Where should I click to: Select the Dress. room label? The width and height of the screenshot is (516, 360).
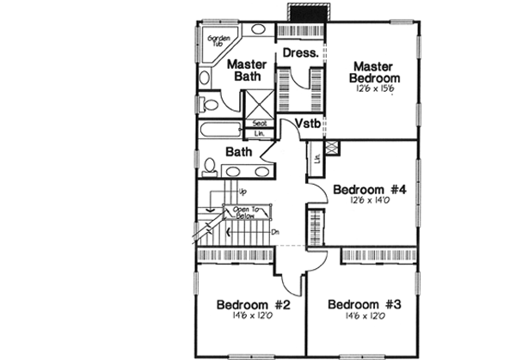pyautogui.click(x=300, y=52)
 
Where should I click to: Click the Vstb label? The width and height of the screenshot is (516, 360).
pyautogui.click(x=309, y=125)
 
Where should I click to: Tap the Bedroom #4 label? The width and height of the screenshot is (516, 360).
pyautogui.click(x=371, y=189)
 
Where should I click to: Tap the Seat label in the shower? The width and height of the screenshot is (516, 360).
pyautogui.click(x=259, y=123)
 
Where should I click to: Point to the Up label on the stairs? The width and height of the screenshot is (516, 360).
pyautogui.click(x=243, y=192)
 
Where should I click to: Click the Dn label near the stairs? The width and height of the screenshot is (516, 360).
pyautogui.click(x=274, y=231)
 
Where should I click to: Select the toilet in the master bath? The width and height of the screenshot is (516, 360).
pyautogui.click(x=207, y=106)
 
